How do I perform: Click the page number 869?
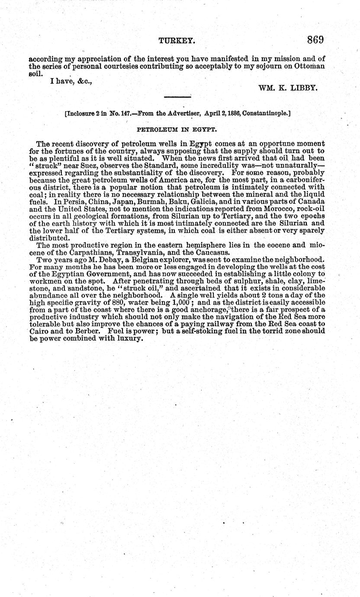[x=315, y=40]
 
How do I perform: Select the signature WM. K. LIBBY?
[x=288, y=87]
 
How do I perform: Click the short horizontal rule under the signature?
[x=177, y=97]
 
